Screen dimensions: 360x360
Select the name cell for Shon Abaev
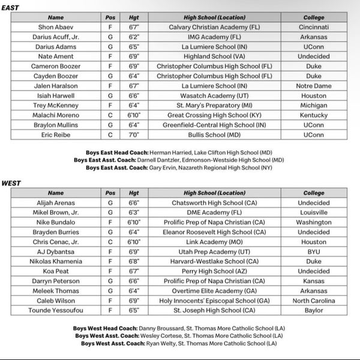tap(55, 27)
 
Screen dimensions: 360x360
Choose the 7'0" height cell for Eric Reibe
tap(133, 135)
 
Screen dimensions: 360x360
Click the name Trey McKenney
tap(55, 106)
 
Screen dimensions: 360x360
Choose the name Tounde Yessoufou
tap(55, 311)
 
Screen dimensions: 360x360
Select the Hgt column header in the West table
tap(133, 193)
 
